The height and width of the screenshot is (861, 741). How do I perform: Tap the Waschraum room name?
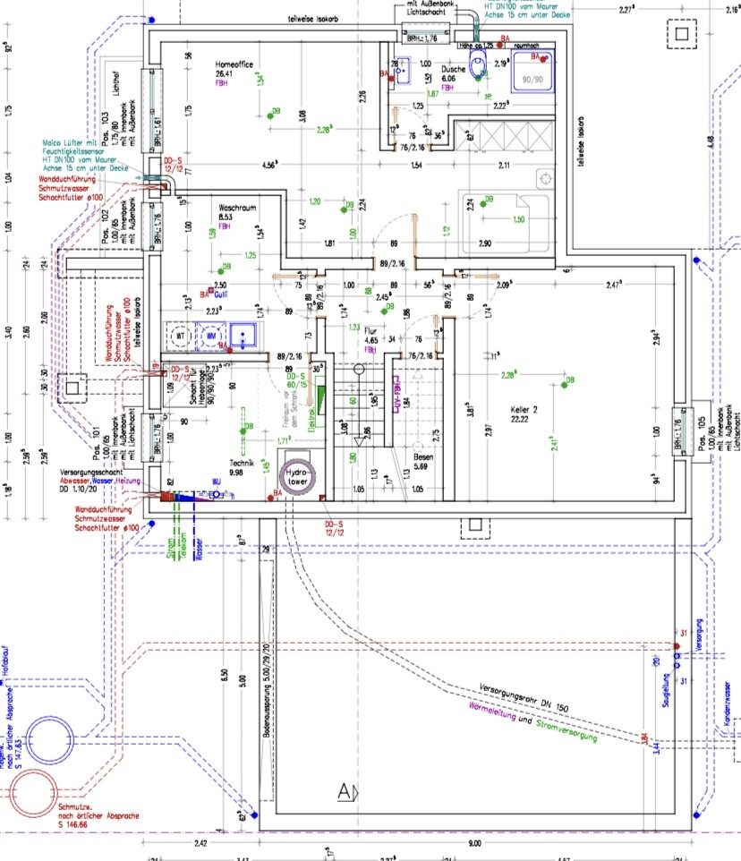tap(237, 208)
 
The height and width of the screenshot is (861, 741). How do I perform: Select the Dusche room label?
tap(453, 68)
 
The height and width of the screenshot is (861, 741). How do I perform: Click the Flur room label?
tap(371, 331)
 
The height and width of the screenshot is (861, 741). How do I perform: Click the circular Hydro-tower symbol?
tap(297, 475)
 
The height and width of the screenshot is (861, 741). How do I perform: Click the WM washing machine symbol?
tap(211, 337)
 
